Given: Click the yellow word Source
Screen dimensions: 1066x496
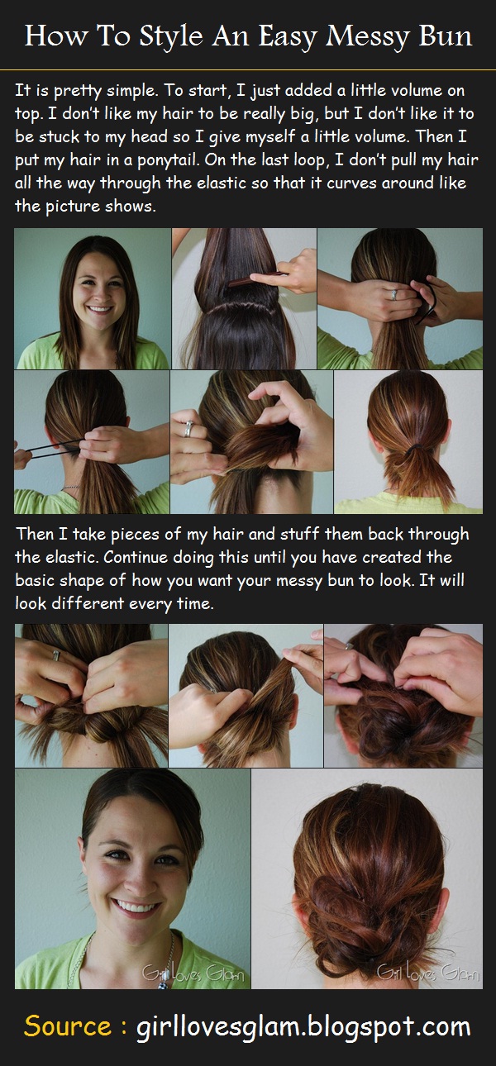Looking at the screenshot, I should [x=68, y=1026].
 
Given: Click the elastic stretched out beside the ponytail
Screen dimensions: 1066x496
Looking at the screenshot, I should [x=50, y=450].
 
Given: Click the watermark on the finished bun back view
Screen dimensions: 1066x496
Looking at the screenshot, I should [x=427, y=974].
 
